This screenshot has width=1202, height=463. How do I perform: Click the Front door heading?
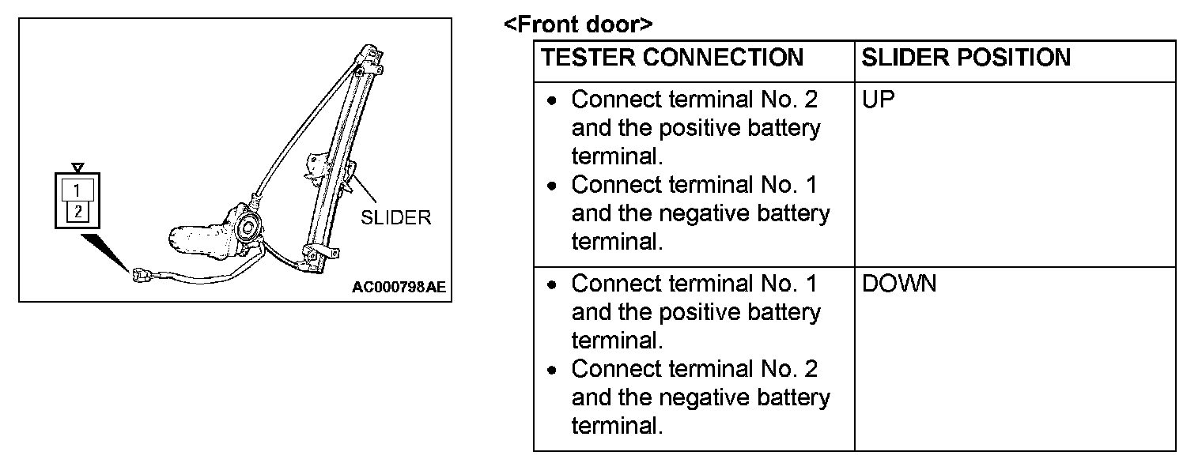coord(578,24)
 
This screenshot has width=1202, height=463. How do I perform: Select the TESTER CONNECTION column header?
coord(671,58)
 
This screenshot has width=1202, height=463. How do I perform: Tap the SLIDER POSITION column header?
coord(966,58)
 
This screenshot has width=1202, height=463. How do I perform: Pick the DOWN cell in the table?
coord(898,284)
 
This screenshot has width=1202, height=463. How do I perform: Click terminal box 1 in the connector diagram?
coord(77,190)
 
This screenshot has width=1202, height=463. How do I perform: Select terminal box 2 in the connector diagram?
coord(77,211)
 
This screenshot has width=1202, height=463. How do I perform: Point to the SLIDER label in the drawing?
coord(395,218)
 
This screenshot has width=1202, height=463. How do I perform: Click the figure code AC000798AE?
coord(399,287)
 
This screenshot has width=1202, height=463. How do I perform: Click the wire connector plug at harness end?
coord(143,276)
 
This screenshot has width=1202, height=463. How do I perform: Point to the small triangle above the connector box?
coord(77,167)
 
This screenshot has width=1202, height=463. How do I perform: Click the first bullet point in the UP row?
coord(554,101)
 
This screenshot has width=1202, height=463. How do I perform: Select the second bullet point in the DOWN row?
coord(554,370)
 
